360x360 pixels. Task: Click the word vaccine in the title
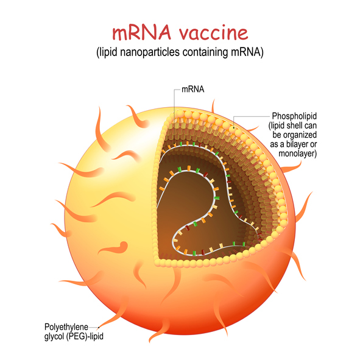[214, 33]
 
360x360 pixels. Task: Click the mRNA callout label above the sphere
[193, 90]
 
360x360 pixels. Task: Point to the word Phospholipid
[294, 116]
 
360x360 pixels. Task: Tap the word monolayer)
[297, 154]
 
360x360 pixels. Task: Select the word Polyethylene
[66, 327]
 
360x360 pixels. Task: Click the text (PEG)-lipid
[85, 336]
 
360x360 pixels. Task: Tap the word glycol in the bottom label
[54, 336]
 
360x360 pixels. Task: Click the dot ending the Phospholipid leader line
[234, 128]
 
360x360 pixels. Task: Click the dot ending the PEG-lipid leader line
[99, 327]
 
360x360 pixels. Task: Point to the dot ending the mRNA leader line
[174, 144]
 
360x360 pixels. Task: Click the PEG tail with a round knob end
[115, 248]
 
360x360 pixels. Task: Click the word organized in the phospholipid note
[295, 135]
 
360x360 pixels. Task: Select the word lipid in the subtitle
[107, 52]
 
